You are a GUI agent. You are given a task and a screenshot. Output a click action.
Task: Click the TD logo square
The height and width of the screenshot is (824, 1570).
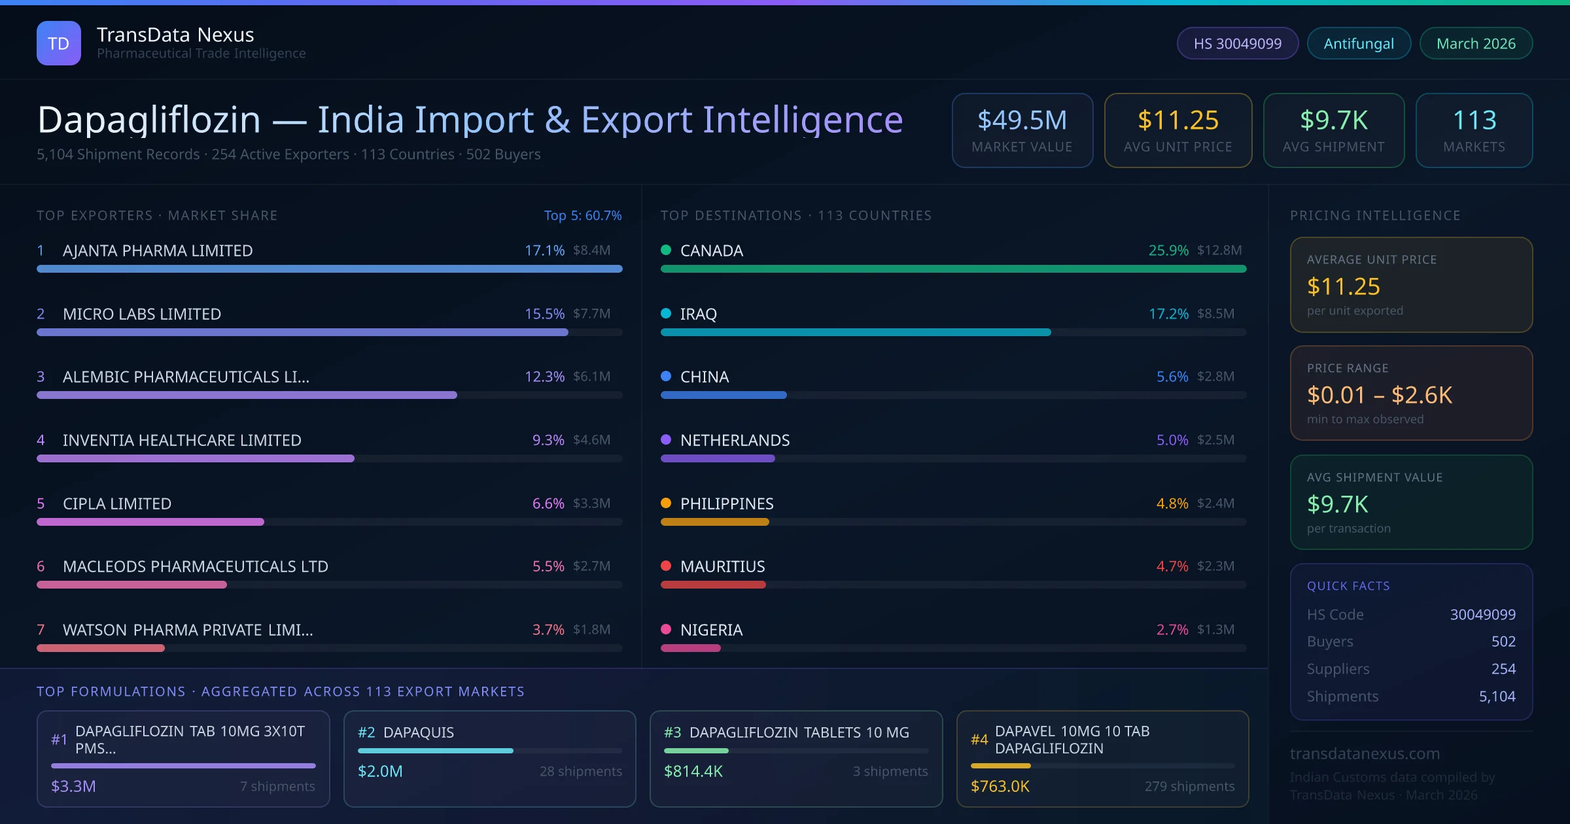coord(59,43)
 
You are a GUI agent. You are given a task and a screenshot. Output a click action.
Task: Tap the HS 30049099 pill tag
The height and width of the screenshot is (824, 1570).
coord(1237,43)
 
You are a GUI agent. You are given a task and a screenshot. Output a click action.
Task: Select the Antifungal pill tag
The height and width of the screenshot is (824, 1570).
coord(1359,43)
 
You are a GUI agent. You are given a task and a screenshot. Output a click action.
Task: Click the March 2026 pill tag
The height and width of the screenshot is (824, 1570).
coord(1476,43)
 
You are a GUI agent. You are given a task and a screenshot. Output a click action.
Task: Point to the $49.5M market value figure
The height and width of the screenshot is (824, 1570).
coord(1022,120)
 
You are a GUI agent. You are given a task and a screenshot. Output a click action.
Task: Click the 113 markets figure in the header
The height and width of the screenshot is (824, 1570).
coord(1474,120)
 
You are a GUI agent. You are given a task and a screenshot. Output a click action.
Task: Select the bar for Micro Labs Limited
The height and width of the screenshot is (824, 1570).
coord(302,332)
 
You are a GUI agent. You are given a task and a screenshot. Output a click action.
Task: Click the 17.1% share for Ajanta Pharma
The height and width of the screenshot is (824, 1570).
coord(544,250)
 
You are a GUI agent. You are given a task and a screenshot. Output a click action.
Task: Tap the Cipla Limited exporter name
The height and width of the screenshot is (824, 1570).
coord(117,504)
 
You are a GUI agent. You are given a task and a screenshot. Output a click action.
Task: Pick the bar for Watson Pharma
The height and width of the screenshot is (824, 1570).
coord(101,648)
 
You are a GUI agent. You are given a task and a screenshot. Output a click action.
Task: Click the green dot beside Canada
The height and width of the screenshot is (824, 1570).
coord(666,250)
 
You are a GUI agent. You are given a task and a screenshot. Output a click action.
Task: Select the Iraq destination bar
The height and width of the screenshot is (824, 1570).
coord(856,332)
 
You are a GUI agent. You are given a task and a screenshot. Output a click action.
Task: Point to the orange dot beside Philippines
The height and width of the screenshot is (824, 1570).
coord(666,503)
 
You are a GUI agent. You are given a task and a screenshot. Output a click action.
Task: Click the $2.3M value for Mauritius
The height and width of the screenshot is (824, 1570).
coord(1215,566)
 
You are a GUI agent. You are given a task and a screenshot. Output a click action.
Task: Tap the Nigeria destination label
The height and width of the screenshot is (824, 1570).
coord(711,630)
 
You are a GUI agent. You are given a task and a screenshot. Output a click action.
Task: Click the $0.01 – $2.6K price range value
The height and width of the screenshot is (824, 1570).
coord(1379,395)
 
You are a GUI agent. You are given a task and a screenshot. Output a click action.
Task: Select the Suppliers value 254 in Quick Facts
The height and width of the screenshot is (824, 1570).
coord(1503,668)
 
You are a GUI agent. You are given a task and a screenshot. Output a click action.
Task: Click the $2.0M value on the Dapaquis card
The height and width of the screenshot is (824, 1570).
coord(380,771)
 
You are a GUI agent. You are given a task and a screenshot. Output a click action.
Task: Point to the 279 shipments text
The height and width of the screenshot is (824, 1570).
coord(1189,786)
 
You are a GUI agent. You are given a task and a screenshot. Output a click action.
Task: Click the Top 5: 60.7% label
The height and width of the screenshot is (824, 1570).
coord(582,215)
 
